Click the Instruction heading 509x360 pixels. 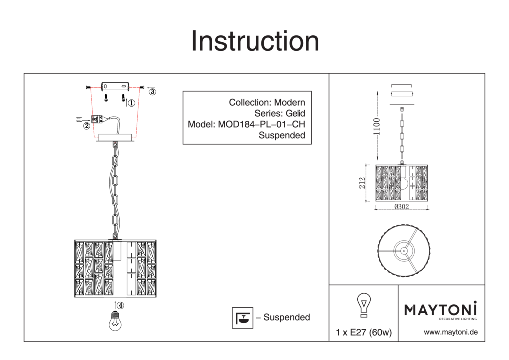255,41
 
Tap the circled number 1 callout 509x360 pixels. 131,103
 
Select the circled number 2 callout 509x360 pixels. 86,126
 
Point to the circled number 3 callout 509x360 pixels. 152,92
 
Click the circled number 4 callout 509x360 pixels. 120,305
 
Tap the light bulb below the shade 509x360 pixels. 115,321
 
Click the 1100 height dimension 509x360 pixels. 377,126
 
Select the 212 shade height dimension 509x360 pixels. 362,183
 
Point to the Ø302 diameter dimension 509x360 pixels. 402,206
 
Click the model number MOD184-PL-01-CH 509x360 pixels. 261,124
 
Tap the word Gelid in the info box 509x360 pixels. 295,113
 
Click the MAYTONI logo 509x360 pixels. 440,309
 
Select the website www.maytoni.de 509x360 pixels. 450,332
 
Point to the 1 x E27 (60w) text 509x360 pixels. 363,332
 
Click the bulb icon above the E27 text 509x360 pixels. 364,305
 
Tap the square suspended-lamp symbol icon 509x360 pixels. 242,317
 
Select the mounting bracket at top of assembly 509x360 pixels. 115,87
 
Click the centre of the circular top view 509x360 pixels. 404,251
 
